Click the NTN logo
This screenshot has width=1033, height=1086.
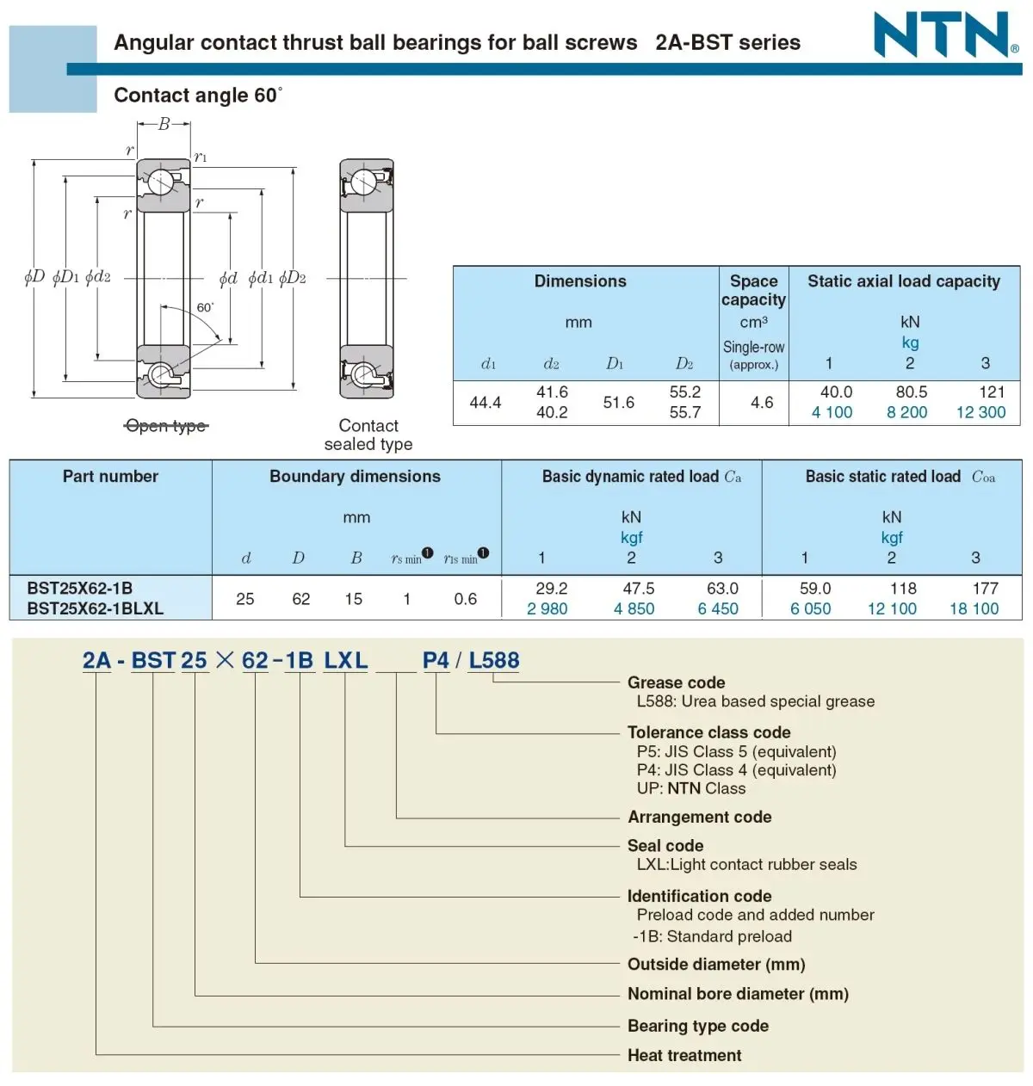pyautogui.click(x=945, y=35)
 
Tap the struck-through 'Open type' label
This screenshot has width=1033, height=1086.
pyautogui.click(x=166, y=426)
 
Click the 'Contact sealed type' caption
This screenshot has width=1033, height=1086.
pyautogui.click(x=368, y=435)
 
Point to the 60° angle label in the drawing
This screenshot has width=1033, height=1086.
pyautogui.click(x=205, y=307)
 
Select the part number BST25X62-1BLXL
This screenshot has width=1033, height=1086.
pyautogui.click(x=95, y=608)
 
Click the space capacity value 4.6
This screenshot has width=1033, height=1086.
pyautogui.click(x=762, y=403)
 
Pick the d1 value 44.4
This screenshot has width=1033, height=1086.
pyautogui.click(x=486, y=403)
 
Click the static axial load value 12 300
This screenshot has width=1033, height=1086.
pyautogui.click(x=980, y=412)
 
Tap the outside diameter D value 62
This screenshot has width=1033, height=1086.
pyautogui.click(x=300, y=599)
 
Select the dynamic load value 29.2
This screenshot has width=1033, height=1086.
pyautogui.click(x=552, y=589)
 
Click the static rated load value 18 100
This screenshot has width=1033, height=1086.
pyautogui.click(x=974, y=608)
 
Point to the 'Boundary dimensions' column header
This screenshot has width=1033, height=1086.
pyautogui.click(x=355, y=477)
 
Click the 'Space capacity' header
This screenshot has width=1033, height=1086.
pyautogui.click(x=753, y=290)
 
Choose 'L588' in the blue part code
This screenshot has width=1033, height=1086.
pyautogui.click(x=494, y=660)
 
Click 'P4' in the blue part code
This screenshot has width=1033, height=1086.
pyautogui.click(x=436, y=660)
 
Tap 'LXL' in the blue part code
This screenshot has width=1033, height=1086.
pyautogui.click(x=345, y=660)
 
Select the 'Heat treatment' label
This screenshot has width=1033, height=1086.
pyautogui.click(x=684, y=1055)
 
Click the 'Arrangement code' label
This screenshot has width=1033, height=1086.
pyautogui.click(x=699, y=817)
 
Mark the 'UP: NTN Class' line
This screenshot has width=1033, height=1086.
pyautogui.click(x=691, y=788)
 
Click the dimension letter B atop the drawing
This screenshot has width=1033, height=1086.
pyautogui.click(x=164, y=124)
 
